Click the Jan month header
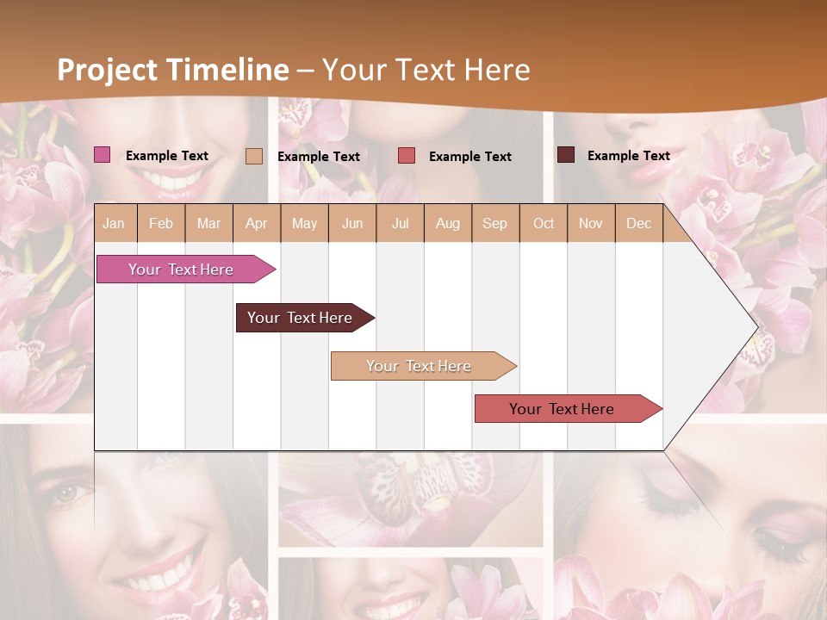click(x=114, y=223)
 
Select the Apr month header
click(x=257, y=223)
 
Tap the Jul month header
click(x=400, y=223)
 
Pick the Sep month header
click(x=494, y=223)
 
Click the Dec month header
click(x=638, y=223)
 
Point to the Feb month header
click(x=161, y=223)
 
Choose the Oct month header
click(x=544, y=223)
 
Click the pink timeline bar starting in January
click(x=181, y=270)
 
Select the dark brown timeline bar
click(x=300, y=318)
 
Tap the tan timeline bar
click(x=419, y=366)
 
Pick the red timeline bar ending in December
click(x=562, y=409)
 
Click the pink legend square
click(x=103, y=155)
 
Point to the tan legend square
click(x=254, y=156)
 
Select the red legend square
click(x=407, y=155)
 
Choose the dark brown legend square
click(x=566, y=155)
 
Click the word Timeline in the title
click(x=227, y=70)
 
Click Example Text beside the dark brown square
click(x=628, y=155)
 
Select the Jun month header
click(x=352, y=223)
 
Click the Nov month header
click(x=591, y=223)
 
